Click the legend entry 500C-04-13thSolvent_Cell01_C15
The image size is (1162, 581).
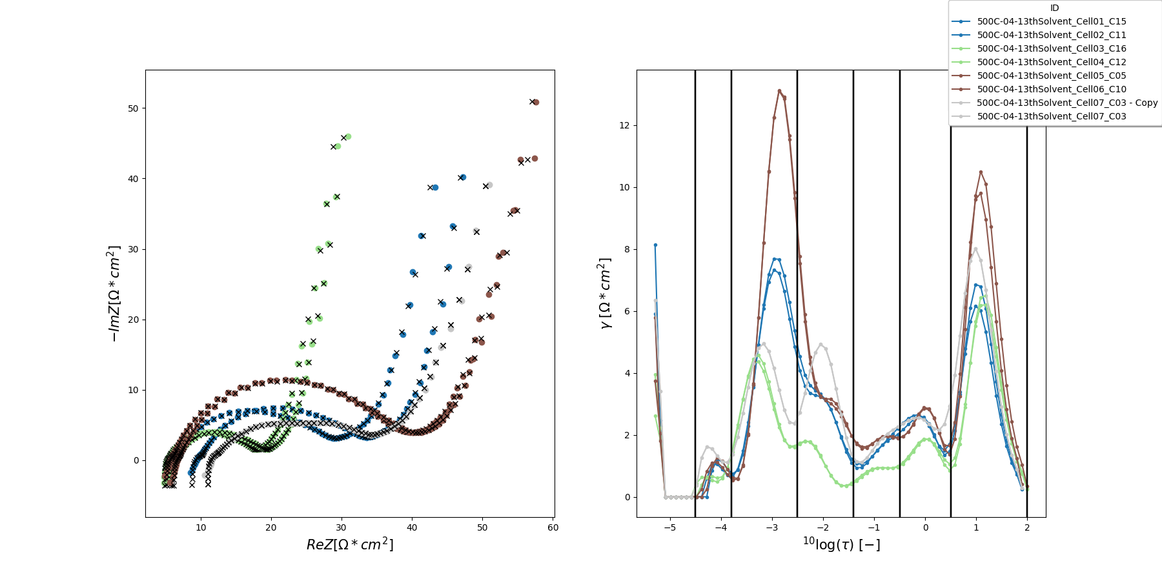1051,21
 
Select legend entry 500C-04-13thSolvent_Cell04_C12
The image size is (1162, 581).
1051,62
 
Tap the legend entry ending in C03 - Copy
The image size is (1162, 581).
1066,103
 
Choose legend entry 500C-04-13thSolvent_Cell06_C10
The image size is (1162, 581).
1051,89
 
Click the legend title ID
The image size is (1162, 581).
1054,8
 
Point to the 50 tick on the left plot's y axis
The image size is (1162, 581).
133,108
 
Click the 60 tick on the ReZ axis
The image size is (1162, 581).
553,527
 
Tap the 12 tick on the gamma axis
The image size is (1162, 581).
624,125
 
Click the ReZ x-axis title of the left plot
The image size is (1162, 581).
349,544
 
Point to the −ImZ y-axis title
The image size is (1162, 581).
114,294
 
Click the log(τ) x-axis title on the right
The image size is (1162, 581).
841,544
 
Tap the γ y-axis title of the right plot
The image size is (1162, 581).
605,294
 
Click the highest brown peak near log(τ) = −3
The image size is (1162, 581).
779,91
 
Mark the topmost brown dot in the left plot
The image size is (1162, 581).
536,102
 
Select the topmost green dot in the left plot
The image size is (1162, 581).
348,137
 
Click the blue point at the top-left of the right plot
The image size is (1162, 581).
655,245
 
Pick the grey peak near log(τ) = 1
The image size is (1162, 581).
975,249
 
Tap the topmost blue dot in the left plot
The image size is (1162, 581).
462,178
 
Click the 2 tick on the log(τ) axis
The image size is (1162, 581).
1027,527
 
